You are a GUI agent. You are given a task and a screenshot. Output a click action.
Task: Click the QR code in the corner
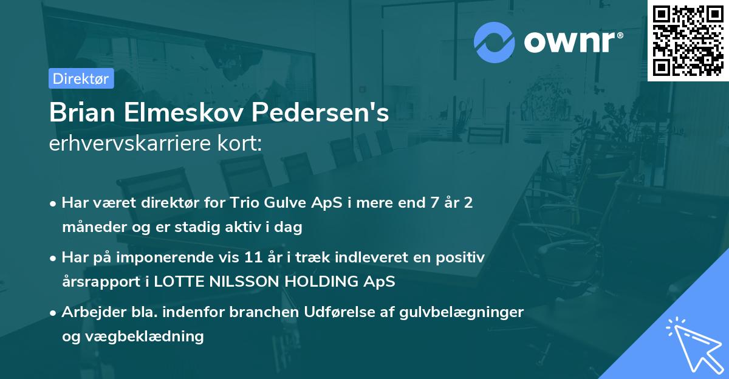(x=688, y=41)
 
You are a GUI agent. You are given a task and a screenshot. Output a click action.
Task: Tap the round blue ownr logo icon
(x=495, y=42)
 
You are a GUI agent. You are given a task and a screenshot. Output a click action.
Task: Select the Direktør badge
(x=81, y=78)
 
